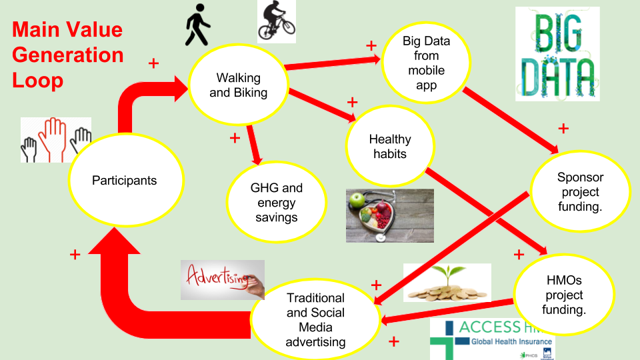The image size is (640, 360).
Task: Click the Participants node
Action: (125, 180)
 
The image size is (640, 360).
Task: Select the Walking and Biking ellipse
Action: (238, 85)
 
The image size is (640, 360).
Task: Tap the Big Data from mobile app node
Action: (426, 63)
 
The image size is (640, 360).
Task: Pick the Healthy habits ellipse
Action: (390, 146)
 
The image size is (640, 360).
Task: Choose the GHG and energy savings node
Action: (276, 202)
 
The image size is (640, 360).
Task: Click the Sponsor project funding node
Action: (580, 191)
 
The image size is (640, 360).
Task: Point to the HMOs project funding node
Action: (564, 295)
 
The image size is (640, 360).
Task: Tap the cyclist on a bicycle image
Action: (276, 21)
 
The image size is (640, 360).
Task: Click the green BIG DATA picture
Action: (557, 53)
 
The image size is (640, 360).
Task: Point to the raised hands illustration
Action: (55, 140)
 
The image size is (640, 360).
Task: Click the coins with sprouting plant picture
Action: (447, 282)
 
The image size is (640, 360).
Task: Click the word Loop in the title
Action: (38, 80)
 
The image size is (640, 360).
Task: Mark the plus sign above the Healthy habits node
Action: (352, 102)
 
